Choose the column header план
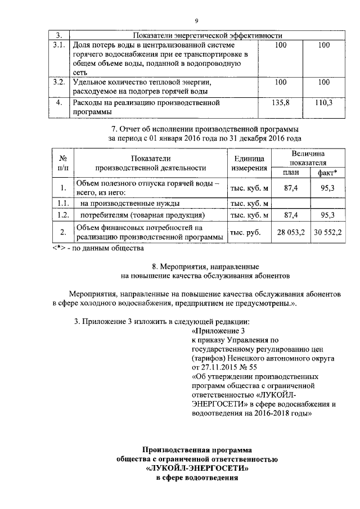tap(290, 172)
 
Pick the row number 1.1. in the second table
tap(64, 203)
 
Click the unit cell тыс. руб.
tap(248, 232)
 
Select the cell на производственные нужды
tap(130, 203)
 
